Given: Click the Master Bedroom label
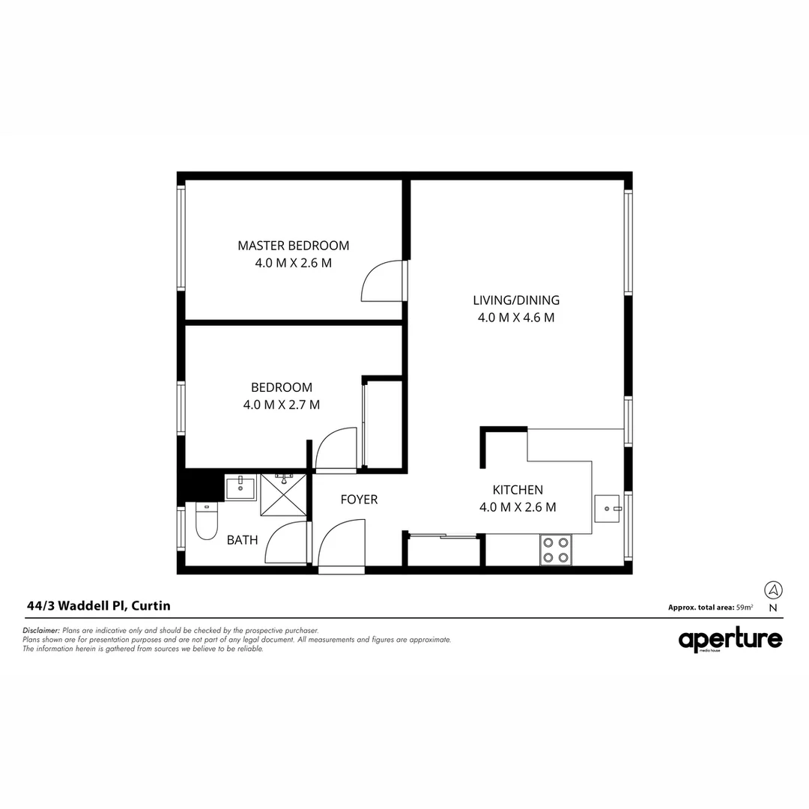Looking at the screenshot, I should (x=293, y=246).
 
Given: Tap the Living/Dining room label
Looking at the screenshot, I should (x=516, y=300).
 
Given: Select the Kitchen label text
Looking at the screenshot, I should (x=518, y=490).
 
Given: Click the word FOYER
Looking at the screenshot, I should (x=359, y=500).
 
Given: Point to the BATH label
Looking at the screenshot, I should (x=242, y=539).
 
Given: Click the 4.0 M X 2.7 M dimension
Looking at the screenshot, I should (x=282, y=405).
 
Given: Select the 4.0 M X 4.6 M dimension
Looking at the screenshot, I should (x=516, y=318).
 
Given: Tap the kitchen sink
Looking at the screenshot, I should (x=607, y=509).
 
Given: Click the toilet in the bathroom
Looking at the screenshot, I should (x=206, y=520).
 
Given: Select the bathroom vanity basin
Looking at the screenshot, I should (x=240, y=488).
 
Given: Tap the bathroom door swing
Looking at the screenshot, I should (x=287, y=542).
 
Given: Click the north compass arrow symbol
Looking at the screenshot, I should (x=773, y=590).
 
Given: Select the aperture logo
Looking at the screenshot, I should (x=730, y=640).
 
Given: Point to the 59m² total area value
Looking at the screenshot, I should (x=745, y=607).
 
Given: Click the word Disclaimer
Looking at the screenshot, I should (x=41, y=631).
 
